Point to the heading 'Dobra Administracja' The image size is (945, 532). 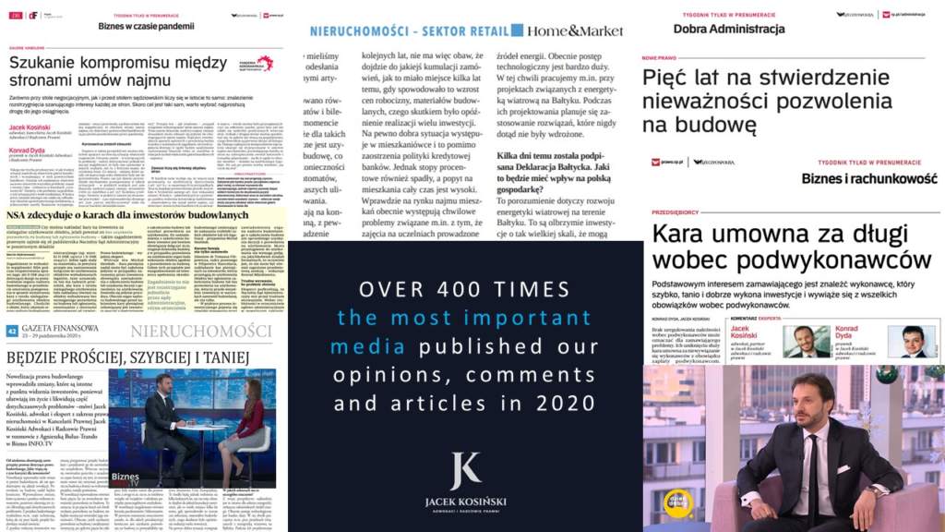pos(729,29)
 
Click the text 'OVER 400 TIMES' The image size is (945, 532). pos(465,290)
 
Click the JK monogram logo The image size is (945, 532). pos(464,471)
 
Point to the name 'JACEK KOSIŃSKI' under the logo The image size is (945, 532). pos(464,502)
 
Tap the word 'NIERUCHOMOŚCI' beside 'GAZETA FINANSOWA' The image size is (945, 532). pos(200,332)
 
